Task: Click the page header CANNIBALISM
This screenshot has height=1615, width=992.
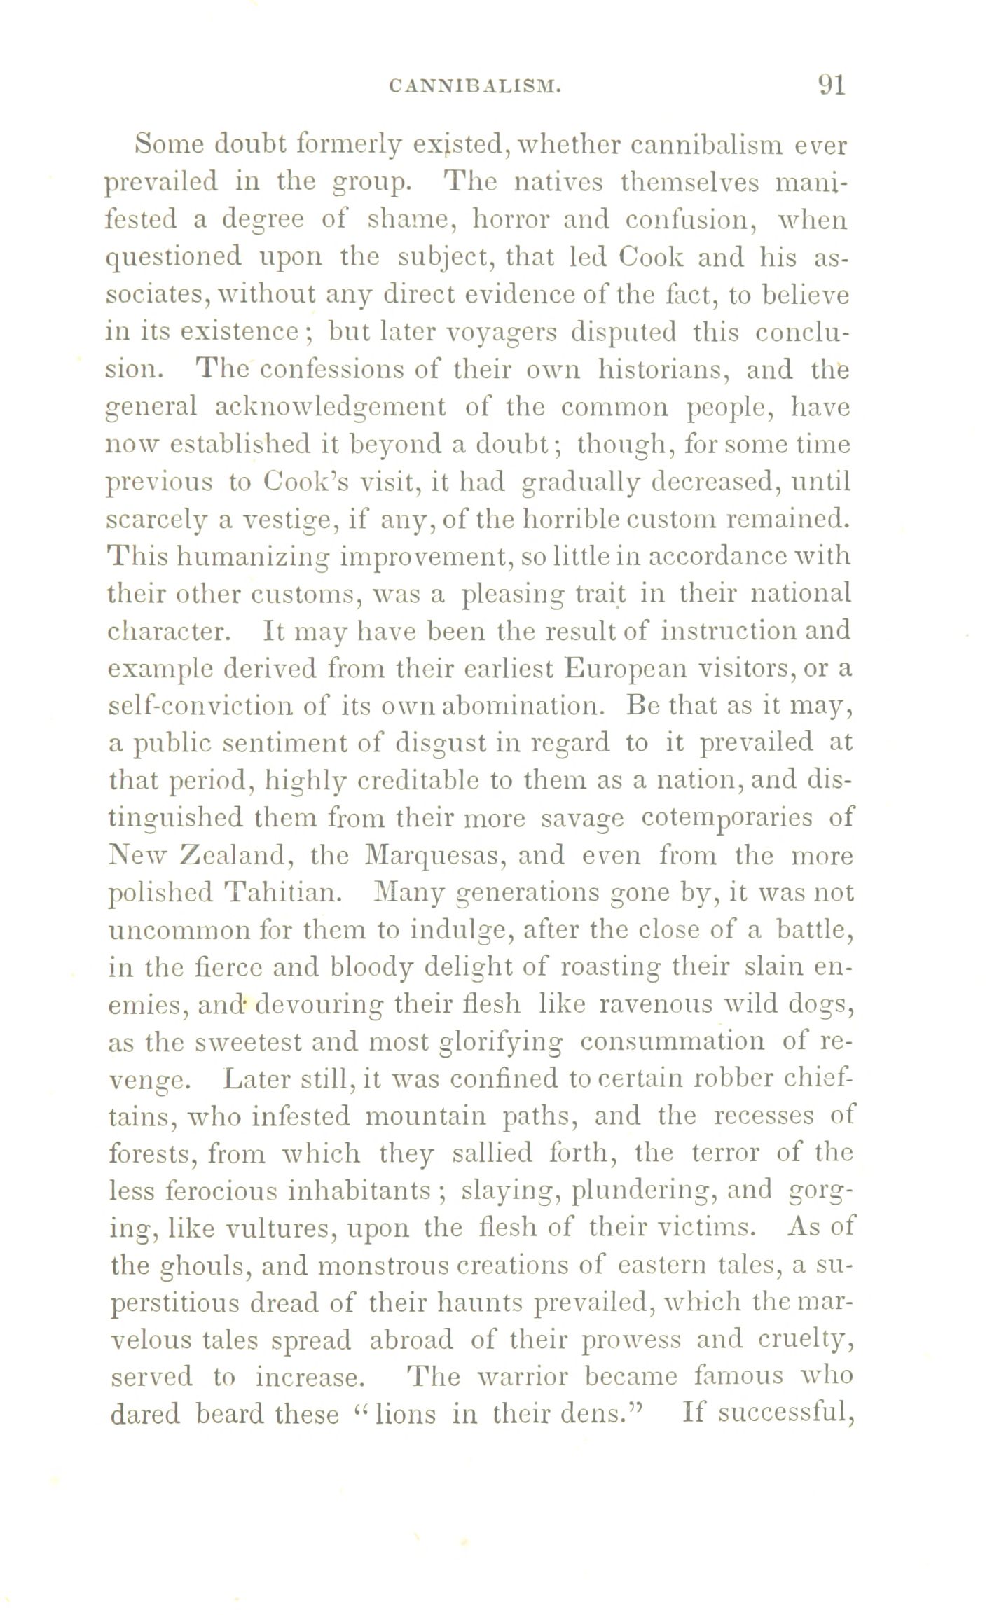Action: pyautogui.click(x=474, y=86)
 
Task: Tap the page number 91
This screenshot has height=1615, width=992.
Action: pyautogui.click(x=832, y=85)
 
